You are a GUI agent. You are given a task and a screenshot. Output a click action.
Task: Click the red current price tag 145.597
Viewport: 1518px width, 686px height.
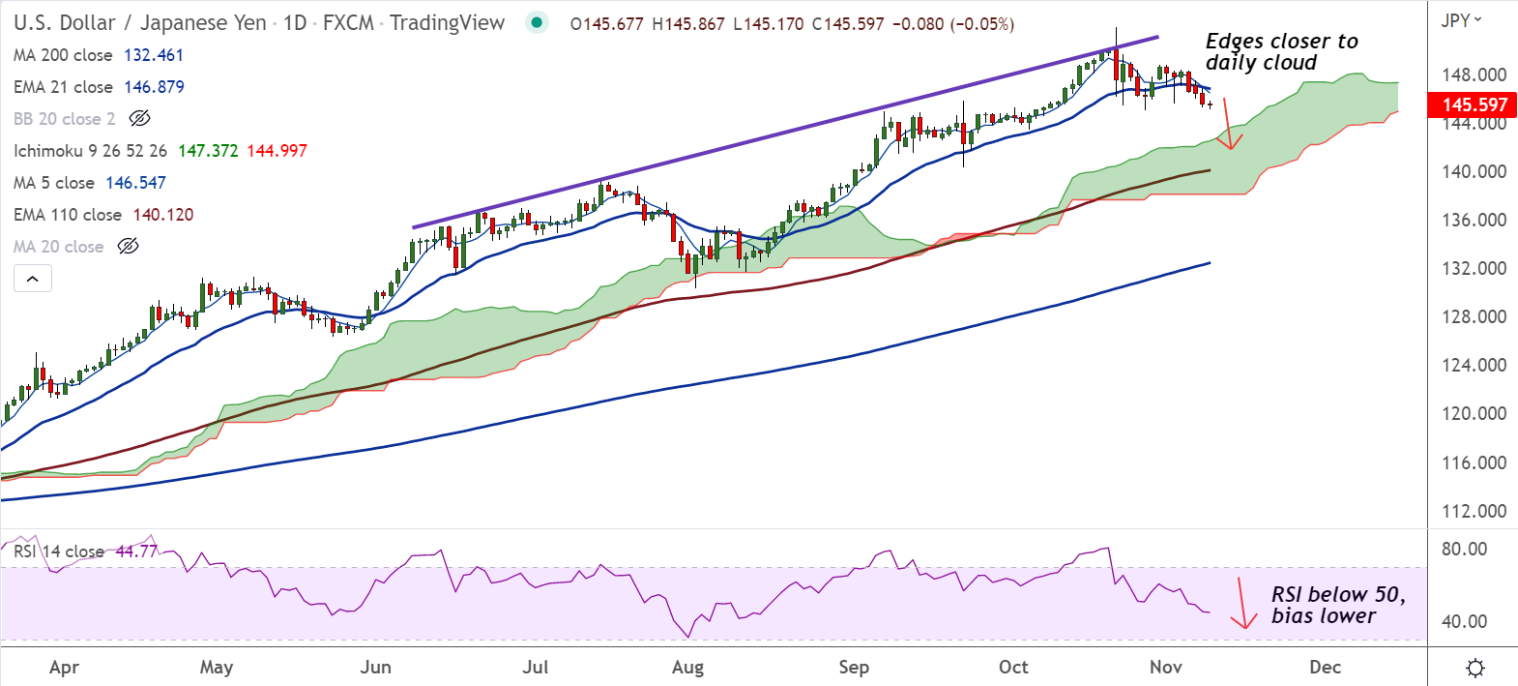[1473, 104]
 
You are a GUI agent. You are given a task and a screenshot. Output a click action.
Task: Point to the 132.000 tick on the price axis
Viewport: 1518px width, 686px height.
[1474, 268]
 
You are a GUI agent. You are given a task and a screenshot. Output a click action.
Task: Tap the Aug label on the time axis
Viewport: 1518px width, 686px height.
[687, 667]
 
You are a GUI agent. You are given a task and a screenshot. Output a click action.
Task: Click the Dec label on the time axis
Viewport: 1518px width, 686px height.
[1325, 667]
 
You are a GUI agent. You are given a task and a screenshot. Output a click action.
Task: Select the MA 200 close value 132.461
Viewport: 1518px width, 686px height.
[153, 55]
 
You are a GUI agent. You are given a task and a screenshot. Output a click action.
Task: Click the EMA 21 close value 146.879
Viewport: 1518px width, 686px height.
[154, 87]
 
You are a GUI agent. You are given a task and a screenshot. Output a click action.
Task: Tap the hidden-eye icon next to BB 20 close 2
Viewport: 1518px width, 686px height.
[139, 119]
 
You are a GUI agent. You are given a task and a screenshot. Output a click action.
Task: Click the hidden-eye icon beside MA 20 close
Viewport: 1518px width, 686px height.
[128, 247]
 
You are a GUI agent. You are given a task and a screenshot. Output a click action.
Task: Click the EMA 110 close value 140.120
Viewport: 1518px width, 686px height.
[163, 215]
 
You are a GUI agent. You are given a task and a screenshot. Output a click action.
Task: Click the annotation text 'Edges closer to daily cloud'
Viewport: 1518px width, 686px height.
[1280, 52]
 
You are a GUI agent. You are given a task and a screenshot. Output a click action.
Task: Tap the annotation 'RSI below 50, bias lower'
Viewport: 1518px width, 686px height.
[1337, 605]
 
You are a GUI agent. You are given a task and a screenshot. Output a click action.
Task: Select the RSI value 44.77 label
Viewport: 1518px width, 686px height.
[135, 552]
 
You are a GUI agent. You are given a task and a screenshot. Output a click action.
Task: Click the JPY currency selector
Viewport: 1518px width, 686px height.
[1461, 20]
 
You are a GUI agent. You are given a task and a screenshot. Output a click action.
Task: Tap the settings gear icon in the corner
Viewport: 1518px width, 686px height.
[1475, 668]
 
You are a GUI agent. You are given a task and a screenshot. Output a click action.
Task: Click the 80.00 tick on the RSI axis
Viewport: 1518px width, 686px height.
[1464, 549]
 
